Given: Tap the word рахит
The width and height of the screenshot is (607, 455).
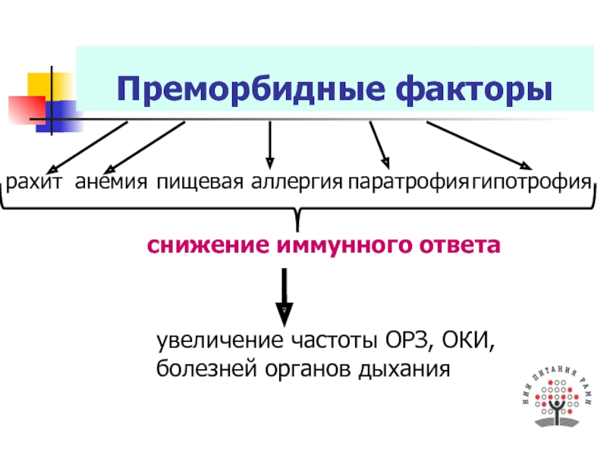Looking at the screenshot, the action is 36,183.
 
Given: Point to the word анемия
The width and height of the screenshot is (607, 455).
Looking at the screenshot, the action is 111,183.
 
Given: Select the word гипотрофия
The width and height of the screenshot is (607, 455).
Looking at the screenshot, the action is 530,183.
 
